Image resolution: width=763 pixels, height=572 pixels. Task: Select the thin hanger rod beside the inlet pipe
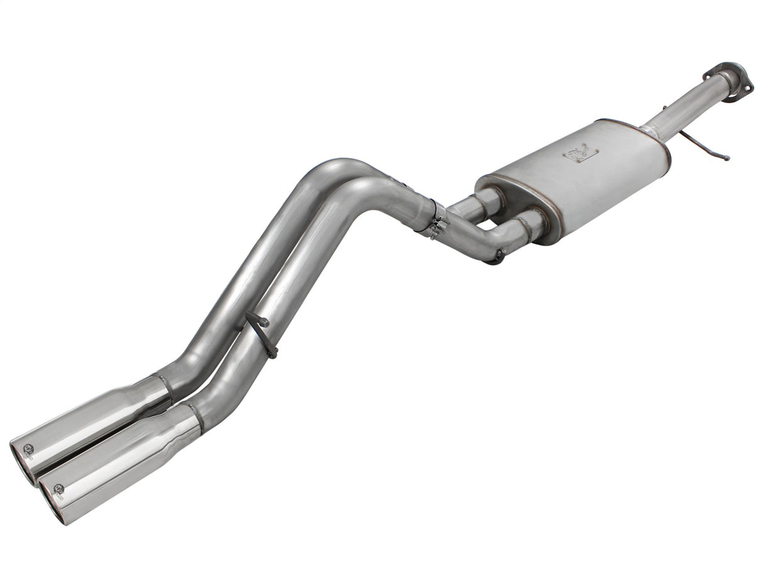[x=704, y=145]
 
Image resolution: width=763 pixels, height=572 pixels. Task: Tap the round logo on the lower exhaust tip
[x=58, y=488]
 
